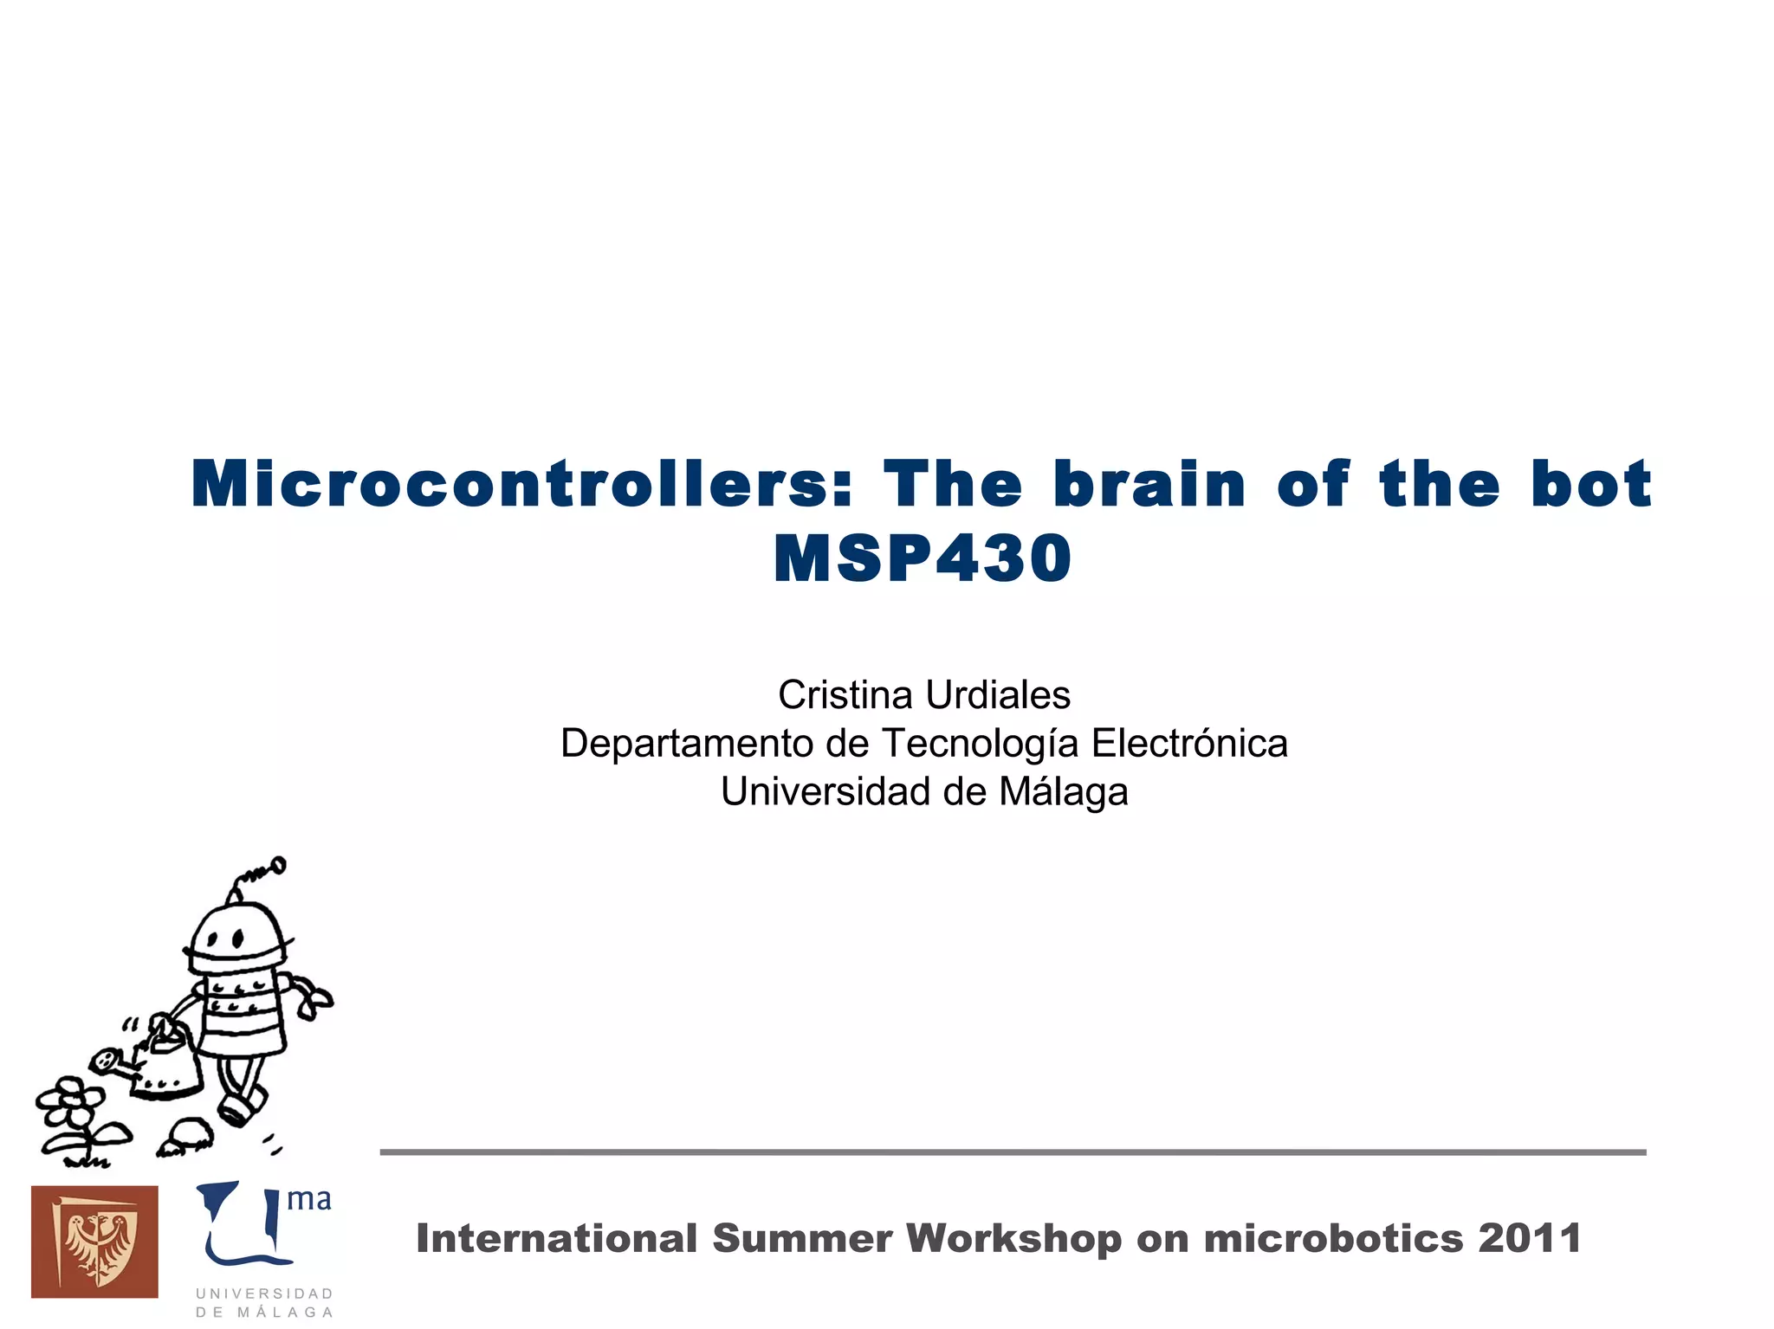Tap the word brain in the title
1149,484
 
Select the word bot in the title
1591,484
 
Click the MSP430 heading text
923,559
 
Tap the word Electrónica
1188,744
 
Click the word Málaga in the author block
1063,792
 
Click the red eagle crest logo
94,1242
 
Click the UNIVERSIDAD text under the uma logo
264,1294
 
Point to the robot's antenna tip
278,863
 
